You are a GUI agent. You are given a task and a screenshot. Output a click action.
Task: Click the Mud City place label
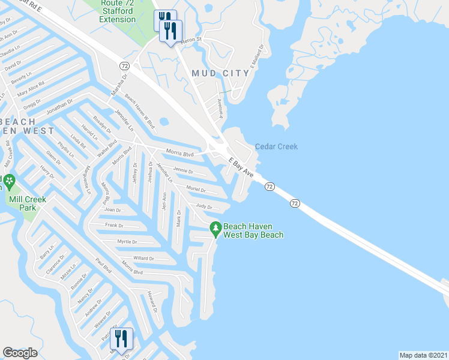click(x=220, y=73)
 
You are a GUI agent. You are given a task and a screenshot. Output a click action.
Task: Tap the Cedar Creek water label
click(x=276, y=146)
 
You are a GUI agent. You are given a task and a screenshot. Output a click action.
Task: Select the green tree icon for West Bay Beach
click(x=215, y=228)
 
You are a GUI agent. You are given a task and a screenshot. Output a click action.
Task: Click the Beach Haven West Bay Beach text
click(x=253, y=230)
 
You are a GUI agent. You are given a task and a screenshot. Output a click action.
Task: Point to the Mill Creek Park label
click(x=22, y=203)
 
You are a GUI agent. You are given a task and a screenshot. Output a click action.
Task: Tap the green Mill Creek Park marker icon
click(x=9, y=181)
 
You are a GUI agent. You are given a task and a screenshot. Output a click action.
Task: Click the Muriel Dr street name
click(x=196, y=190)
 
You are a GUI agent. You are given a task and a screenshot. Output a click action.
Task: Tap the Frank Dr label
click(x=114, y=226)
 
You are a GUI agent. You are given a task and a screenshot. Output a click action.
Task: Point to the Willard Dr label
click(x=144, y=259)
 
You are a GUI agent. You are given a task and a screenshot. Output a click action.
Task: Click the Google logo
click(x=20, y=353)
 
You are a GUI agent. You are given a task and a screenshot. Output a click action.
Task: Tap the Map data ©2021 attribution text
click(x=423, y=355)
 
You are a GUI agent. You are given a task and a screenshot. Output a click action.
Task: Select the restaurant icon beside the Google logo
click(x=122, y=339)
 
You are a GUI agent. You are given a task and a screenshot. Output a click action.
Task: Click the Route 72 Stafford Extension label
click(x=118, y=11)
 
